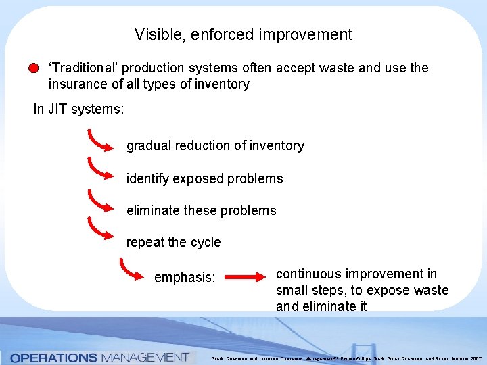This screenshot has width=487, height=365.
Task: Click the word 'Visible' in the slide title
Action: click(x=154, y=34)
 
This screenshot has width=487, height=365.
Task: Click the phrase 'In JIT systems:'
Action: click(x=78, y=109)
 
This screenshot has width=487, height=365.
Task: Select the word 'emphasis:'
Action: click(x=185, y=278)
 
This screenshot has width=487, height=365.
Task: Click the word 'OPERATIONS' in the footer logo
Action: click(x=53, y=357)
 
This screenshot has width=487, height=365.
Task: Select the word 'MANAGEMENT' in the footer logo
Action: click(x=145, y=357)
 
